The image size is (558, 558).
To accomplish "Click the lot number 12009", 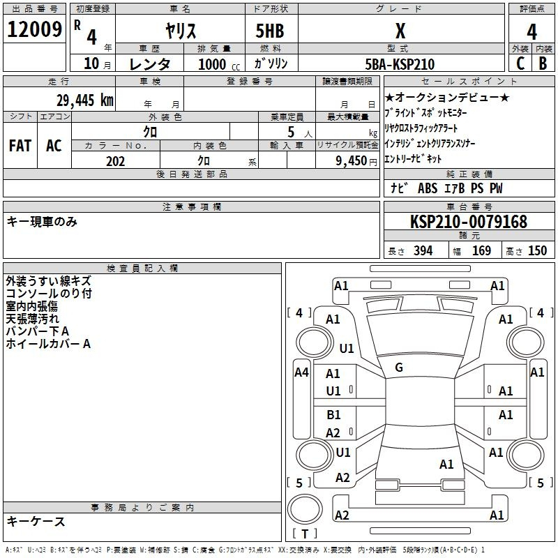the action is tap(34, 29).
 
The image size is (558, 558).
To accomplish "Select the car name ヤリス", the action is tap(181, 31).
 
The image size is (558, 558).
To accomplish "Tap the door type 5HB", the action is tap(270, 31).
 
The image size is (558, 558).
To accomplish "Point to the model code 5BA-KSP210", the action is tap(400, 64).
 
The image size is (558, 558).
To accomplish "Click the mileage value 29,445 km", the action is tap(85, 100).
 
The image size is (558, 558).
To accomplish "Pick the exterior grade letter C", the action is tap(520, 63).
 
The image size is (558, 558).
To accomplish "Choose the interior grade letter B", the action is tap(543, 63).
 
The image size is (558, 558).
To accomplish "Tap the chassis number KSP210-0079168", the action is tap(469, 221).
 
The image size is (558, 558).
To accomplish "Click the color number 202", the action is tap(115, 161).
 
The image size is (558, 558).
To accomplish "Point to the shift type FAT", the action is tap(20, 146).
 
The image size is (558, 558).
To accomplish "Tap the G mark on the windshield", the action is tap(399, 368).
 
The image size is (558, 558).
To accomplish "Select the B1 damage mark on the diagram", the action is tap(333, 414).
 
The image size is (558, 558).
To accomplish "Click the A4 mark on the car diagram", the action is tap(301, 372).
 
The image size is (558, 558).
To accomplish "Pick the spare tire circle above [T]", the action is tap(305, 509).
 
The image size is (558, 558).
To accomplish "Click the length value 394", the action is tap(423, 250).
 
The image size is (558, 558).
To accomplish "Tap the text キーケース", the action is tap(36, 521).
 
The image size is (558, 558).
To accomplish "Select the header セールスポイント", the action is tap(469, 82).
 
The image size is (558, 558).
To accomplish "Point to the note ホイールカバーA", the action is tap(48, 344).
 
